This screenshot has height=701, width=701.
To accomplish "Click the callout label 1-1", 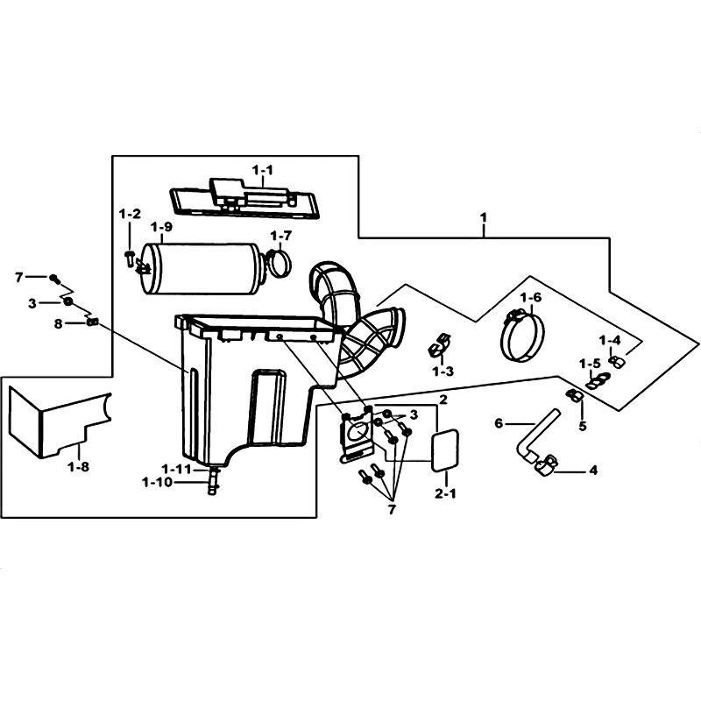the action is tap(262, 170).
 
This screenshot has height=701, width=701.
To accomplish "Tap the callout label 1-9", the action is tap(161, 227).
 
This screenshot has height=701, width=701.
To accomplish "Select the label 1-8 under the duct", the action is tap(79, 467).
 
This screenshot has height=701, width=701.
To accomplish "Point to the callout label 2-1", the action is tap(446, 494).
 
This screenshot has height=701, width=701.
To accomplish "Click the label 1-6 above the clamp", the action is tap(531, 297).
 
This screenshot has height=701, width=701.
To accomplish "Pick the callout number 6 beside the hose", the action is tap(499, 423).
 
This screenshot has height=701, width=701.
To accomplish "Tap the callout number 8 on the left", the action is tap(58, 323).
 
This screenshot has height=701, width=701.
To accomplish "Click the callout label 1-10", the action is tap(157, 483).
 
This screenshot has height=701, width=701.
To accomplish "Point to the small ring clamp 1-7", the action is tap(280, 263).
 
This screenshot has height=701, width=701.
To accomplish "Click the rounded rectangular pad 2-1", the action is tap(444, 450).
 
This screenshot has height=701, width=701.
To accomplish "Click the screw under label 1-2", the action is tap(130, 258).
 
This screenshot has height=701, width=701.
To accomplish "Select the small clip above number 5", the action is tap(574, 395).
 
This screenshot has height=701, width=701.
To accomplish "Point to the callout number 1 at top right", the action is tap(483, 217).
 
